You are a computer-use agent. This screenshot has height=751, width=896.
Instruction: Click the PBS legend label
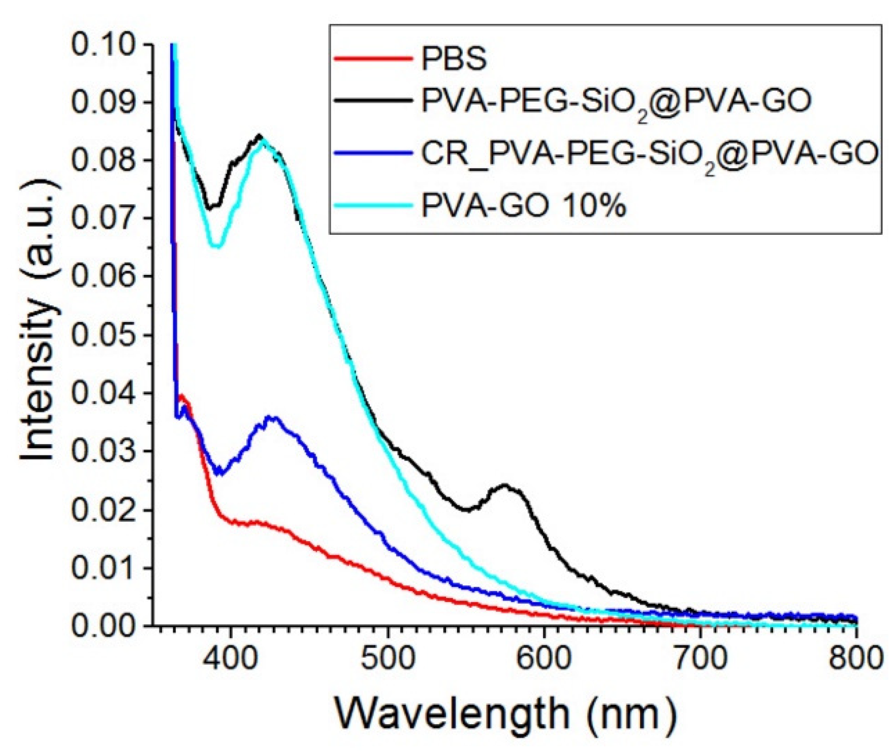click(x=454, y=59)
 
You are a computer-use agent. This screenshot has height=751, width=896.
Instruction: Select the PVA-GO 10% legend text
click(x=523, y=206)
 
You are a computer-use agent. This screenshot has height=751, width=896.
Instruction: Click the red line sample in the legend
click(x=373, y=59)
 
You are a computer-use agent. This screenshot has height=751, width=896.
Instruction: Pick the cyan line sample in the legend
click(x=373, y=205)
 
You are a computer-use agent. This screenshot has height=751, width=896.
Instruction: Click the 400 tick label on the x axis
click(x=231, y=659)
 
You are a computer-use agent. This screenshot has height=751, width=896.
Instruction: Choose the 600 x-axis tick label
click(x=544, y=659)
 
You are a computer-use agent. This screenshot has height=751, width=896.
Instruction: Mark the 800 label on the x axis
click(x=856, y=659)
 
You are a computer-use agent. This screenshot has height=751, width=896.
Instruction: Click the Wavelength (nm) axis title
click(x=505, y=714)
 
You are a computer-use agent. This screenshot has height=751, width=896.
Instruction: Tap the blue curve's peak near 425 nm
click(x=272, y=418)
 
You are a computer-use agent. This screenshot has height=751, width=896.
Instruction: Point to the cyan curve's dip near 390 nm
click(x=217, y=246)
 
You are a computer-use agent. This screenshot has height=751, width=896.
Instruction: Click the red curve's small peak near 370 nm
click(x=181, y=395)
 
